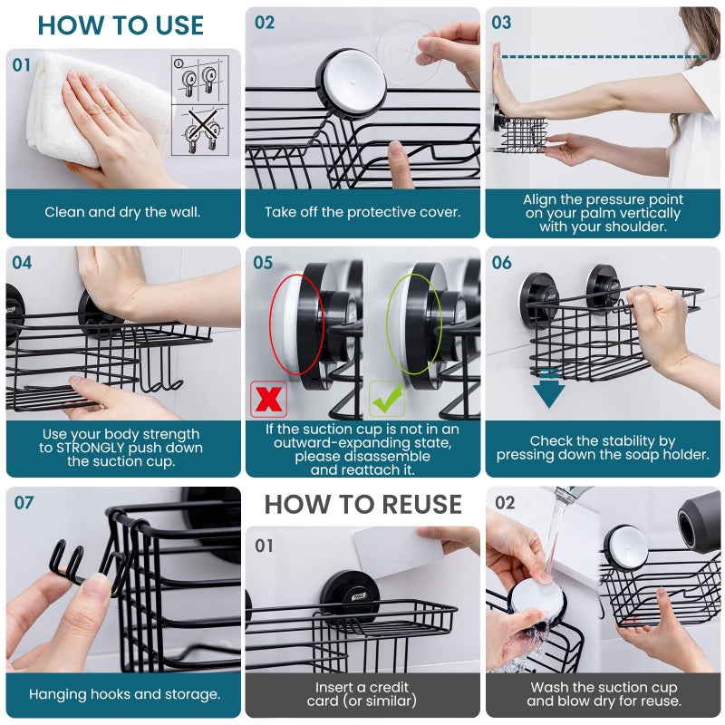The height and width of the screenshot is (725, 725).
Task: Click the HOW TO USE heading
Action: click(121, 24)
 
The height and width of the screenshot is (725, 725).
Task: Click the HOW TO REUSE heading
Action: click(362, 504)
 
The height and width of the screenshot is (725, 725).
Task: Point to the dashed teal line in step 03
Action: click(603, 57)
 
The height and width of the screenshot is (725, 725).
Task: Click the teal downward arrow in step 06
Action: click(548, 387)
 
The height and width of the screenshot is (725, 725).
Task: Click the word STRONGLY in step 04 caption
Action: click(111, 448)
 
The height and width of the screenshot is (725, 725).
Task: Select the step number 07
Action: click(24, 503)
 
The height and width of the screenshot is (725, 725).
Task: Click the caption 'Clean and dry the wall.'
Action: click(123, 213)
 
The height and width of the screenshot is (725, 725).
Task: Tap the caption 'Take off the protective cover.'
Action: click(362, 213)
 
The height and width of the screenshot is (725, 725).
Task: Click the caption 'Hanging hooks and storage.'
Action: click(124, 694)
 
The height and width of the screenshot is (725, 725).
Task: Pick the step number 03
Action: click(501, 23)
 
